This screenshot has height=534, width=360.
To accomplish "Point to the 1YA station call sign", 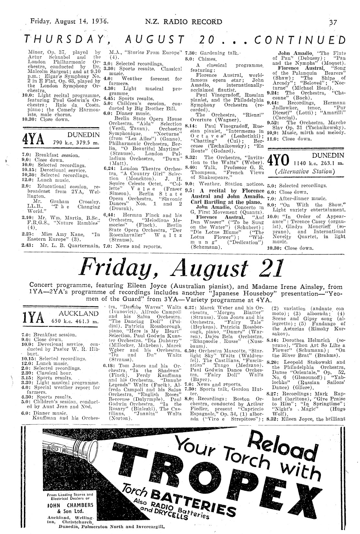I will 32,318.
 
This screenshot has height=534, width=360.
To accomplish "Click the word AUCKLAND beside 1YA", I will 79,313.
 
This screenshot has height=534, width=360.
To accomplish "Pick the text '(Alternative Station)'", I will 303,171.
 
